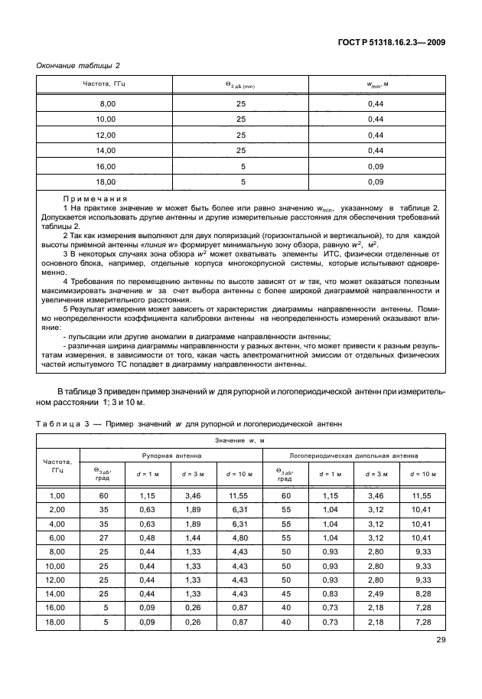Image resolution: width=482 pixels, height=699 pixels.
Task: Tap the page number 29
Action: click(x=440, y=640)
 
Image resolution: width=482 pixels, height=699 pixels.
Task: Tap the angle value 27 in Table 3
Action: click(x=103, y=539)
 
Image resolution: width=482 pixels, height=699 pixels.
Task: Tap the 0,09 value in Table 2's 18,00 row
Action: click(x=375, y=182)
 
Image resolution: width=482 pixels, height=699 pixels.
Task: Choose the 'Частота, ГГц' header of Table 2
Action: click(x=104, y=83)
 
